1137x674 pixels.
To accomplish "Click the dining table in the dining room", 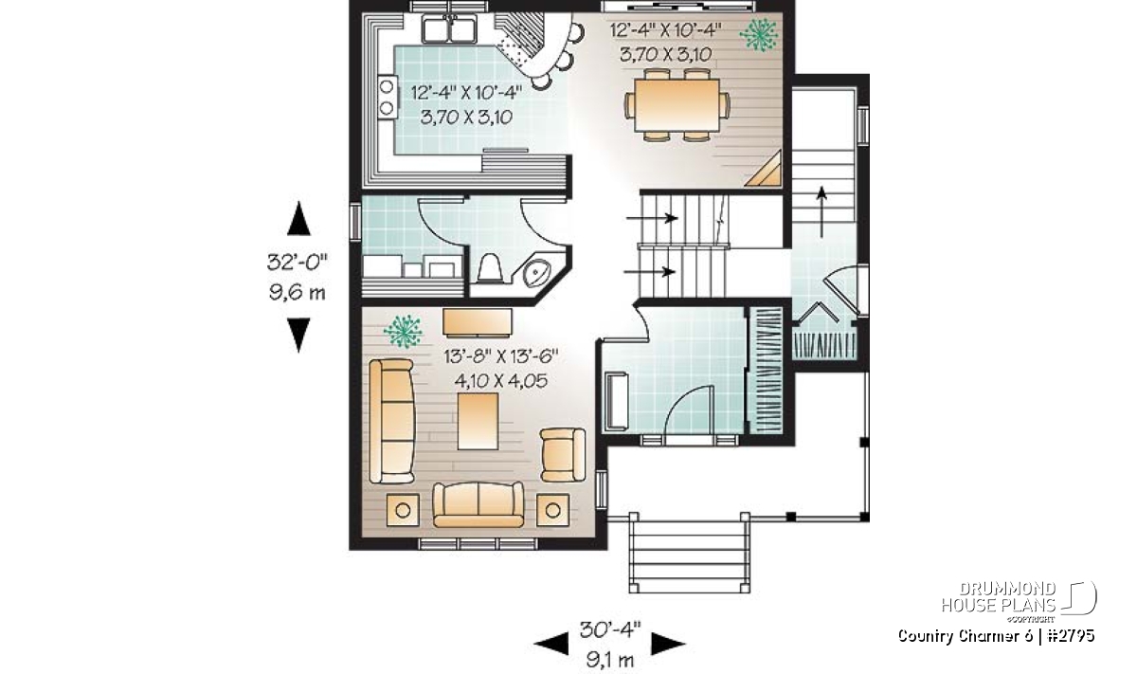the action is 677,104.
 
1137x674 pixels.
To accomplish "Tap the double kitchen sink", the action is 449,29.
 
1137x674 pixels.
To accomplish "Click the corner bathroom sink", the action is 536,273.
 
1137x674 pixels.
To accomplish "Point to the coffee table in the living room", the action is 478,421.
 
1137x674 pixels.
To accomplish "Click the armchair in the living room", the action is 563,455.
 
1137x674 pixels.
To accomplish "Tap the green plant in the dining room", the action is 758,34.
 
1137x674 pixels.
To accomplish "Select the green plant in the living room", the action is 403,331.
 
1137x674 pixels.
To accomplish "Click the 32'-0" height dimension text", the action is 298,263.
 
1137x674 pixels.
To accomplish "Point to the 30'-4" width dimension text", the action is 610,629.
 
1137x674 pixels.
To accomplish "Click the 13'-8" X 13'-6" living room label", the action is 501,356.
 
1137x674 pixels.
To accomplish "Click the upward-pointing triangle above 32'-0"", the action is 299,218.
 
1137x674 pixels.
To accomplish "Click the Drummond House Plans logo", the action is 1019,601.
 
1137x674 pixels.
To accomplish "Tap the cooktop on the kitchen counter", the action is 388,97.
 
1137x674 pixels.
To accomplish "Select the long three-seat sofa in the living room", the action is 391,421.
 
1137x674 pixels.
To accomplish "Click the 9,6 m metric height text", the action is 298,293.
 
